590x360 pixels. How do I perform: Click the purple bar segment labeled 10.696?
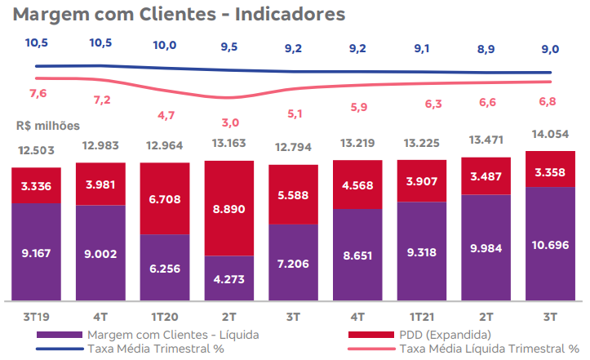pos(551,246)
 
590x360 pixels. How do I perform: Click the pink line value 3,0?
pos(230,122)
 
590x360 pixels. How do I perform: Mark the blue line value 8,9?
pos(486,49)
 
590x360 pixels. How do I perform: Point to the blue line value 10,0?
pos(166,45)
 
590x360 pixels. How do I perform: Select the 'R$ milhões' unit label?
pos(47,126)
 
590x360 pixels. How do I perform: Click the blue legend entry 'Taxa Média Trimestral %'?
pos(155,349)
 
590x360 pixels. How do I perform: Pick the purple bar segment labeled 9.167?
pos(36,253)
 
